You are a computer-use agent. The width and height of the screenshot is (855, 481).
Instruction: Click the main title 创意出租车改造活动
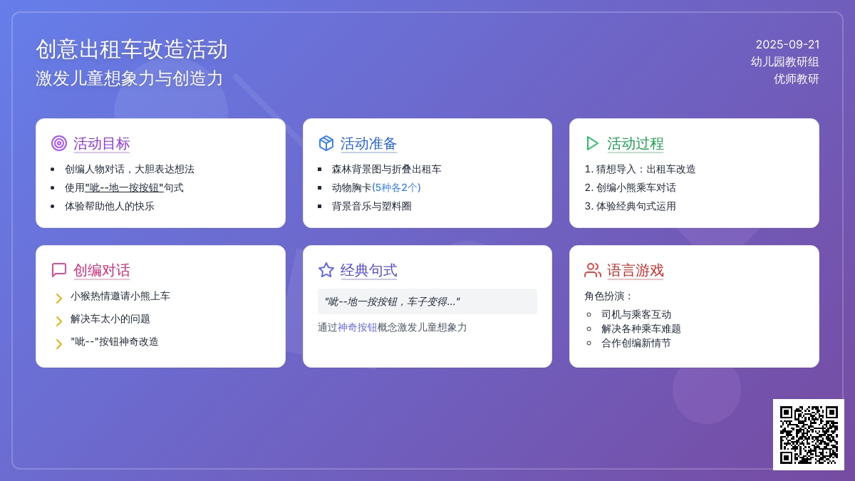pos(132,49)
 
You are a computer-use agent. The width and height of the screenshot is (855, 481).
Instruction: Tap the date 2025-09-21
pos(787,45)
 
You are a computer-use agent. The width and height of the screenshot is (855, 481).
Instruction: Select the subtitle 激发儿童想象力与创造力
pos(129,78)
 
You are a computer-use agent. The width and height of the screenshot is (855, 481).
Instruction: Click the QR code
pos(809,435)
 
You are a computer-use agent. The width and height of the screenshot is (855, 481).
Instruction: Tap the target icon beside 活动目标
pos(59,143)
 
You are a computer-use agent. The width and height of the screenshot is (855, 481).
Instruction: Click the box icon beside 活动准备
pos(326,143)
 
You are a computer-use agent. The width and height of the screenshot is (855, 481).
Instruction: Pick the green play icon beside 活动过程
pos(592,143)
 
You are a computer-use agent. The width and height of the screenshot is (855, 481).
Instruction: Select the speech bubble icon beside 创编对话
pos(59,270)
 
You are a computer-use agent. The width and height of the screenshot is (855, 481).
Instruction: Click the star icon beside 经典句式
pos(326,270)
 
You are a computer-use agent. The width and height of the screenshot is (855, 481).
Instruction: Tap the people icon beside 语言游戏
pos(592,270)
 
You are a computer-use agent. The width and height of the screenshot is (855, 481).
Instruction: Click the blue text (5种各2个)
pos(396,187)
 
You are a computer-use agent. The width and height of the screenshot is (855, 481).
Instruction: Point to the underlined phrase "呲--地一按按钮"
pos(124,187)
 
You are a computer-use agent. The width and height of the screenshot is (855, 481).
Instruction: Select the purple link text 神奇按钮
pos(357,327)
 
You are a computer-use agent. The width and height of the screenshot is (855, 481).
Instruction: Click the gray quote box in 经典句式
pos(427,301)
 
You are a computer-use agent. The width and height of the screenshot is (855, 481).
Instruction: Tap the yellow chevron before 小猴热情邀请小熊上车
pos(58,298)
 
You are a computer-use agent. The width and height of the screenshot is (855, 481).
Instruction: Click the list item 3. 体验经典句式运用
pos(630,206)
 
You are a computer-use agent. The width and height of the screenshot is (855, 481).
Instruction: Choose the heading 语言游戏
pos(636,270)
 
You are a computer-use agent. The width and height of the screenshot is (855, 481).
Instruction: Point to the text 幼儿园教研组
pos(784,61)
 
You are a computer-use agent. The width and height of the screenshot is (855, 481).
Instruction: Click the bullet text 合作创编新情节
pos(636,343)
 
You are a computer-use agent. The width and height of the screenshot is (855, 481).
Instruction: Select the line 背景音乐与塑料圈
pos(371,206)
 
